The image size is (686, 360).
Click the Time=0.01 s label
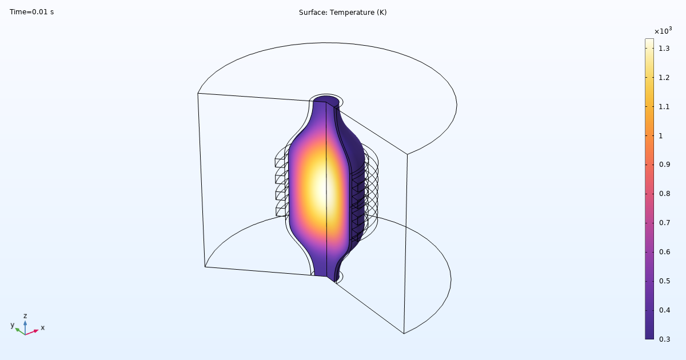pos(31,12)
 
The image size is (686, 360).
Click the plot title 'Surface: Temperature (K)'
pos(342,12)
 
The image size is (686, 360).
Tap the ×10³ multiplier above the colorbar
pos(663,31)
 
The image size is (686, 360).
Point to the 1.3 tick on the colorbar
pos(664,49)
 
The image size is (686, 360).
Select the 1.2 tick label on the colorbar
pos(664,78)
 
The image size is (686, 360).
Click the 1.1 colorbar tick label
pos(664,107)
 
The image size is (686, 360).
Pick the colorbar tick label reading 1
pos(661,136)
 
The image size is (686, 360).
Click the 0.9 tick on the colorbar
pos(664,165)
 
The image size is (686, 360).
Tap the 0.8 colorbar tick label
pos(664,194)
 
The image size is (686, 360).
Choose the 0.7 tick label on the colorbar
pos(664,223)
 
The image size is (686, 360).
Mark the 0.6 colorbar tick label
pos(664,252)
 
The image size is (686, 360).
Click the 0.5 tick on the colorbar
pos(664,281)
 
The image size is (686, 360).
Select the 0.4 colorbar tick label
pos(664,310)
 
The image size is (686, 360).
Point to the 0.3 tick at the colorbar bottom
pos(664,339)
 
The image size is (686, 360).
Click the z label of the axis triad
pos(25,315)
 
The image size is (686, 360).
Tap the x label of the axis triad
pos(42,328)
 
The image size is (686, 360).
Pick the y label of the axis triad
pos(12,325)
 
